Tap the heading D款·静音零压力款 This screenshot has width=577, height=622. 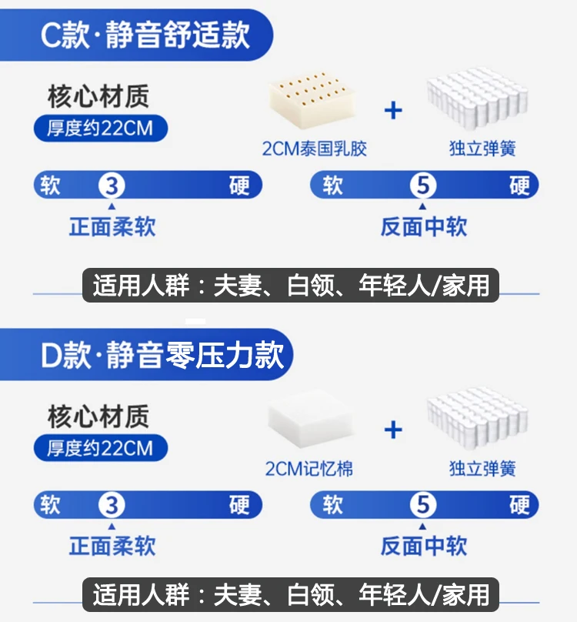(162, 356)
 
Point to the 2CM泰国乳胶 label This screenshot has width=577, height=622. (314, 148)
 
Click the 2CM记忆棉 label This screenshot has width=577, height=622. (309, 468)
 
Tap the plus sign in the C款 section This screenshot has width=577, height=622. (393, 110)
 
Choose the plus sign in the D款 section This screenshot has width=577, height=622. (393, 430)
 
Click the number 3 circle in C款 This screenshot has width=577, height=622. (112, 186)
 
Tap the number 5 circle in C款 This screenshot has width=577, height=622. (422, 186)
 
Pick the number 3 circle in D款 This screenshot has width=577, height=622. (112, 505)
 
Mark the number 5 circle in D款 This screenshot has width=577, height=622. (422, 505)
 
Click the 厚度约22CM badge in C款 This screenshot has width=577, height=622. (100, 128)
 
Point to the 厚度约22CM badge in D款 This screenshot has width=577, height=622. (100, 448)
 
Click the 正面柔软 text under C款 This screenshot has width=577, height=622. (112, 226)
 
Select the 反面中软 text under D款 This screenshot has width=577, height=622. (423, 546)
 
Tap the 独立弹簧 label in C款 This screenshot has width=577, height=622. (482, 148)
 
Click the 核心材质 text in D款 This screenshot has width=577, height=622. (98, 416)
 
